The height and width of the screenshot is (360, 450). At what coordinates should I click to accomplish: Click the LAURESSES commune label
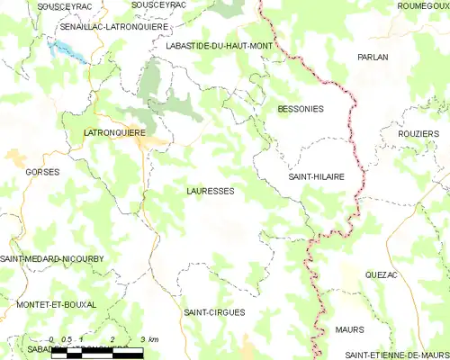(x=211, y=192)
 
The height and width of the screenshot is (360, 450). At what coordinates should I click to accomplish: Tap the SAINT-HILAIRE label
(x=316, y=177)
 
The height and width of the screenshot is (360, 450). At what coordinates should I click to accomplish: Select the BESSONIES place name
(x=301, y=109)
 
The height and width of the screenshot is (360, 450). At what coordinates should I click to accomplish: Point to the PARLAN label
(x=373, y=57)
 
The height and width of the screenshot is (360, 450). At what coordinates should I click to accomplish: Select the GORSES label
(x=43, y=171)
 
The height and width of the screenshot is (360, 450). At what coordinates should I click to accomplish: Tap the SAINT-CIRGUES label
(x=213, y=312)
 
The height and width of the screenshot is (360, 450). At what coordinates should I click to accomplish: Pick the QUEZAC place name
(x=382, y=274)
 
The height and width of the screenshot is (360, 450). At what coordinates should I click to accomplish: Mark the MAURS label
(x=349, y=329)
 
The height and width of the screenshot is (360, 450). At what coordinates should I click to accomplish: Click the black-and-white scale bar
(x=96, y=352)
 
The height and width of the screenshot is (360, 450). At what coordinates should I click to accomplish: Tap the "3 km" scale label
(x=149, y=339)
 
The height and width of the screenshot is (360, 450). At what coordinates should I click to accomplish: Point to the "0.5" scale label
(x=66, y=339)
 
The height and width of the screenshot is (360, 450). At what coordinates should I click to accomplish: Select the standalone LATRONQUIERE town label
(x=114, y=132)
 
